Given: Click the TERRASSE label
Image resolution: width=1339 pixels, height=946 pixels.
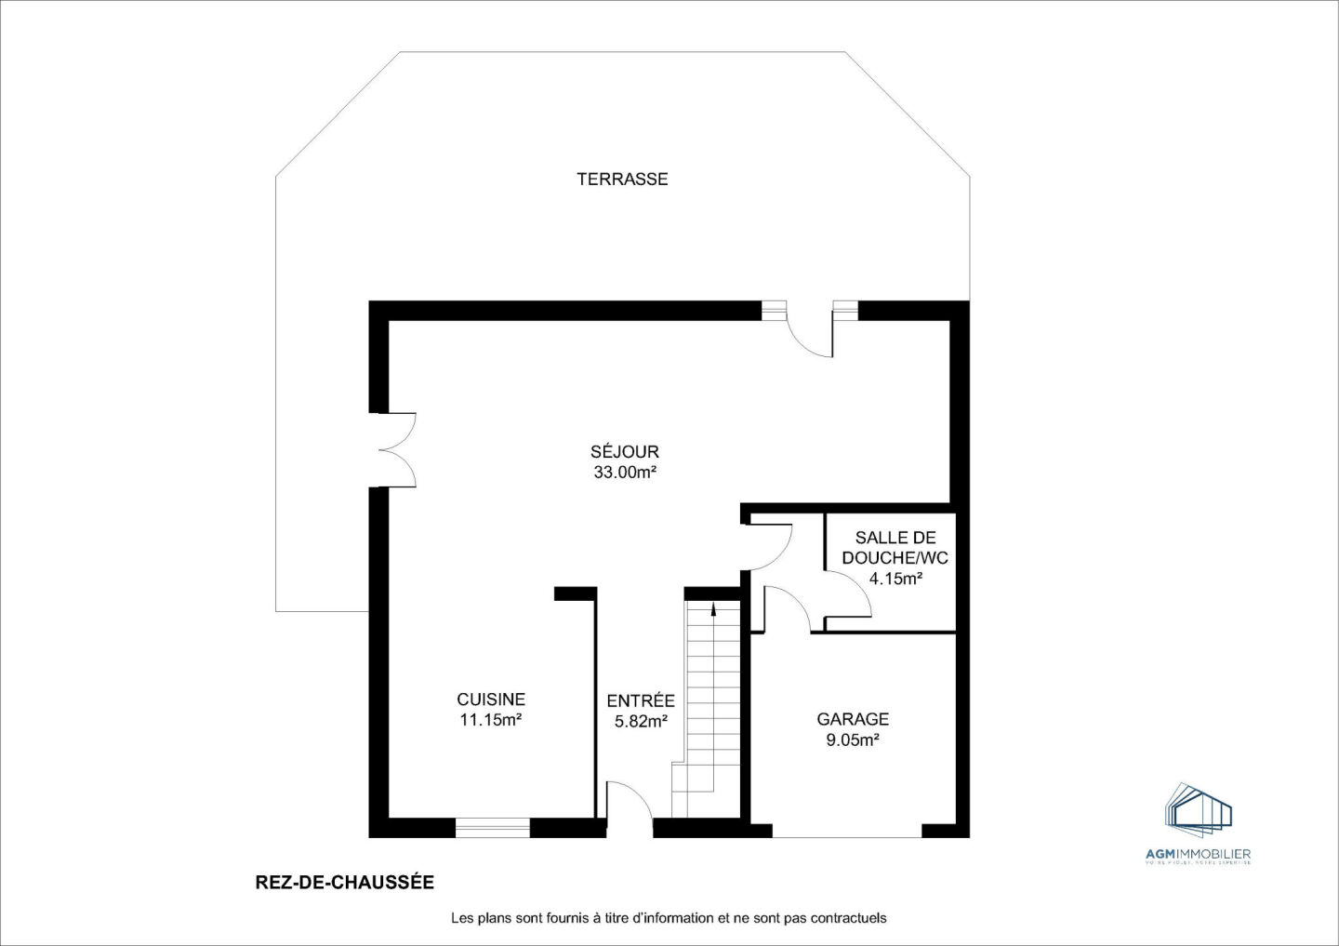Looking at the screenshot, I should coord(622,179).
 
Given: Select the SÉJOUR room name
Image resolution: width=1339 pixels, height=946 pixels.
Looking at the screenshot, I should coord(625,452).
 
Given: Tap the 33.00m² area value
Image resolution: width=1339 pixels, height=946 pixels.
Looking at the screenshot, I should coord(625,473).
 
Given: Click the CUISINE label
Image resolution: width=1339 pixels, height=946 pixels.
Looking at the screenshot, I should coord(491,700).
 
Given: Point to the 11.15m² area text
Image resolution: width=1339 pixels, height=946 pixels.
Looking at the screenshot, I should coord(491,720).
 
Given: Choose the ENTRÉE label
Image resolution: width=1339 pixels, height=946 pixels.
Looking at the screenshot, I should coord(641,701).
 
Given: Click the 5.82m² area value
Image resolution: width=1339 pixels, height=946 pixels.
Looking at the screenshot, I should coord(641,722).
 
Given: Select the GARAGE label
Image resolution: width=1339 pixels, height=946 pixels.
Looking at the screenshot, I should coord(853,719).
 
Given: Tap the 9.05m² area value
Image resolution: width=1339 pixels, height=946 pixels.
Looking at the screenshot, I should coord(853,740).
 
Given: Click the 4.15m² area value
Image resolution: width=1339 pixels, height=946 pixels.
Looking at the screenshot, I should coord(895,579).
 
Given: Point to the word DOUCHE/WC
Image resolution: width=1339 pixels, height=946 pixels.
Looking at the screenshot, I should coord(895,558).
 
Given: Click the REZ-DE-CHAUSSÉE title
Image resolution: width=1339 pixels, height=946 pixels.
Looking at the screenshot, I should coord(344,882).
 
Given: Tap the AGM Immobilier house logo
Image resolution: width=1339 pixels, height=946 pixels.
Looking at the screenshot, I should coord(1199,808).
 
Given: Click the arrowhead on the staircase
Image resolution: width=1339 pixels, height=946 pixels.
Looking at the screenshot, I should coord(713,610).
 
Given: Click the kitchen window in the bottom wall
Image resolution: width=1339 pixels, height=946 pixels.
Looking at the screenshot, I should coord(492,828).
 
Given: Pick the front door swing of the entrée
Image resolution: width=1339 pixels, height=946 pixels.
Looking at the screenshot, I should coord(629,802).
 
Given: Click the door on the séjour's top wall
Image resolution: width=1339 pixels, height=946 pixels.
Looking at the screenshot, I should coord(810,331).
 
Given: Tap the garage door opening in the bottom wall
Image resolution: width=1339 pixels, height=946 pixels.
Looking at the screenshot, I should coord(846,830).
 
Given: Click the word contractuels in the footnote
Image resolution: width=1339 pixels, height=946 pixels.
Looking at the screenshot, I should coord(848,918).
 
